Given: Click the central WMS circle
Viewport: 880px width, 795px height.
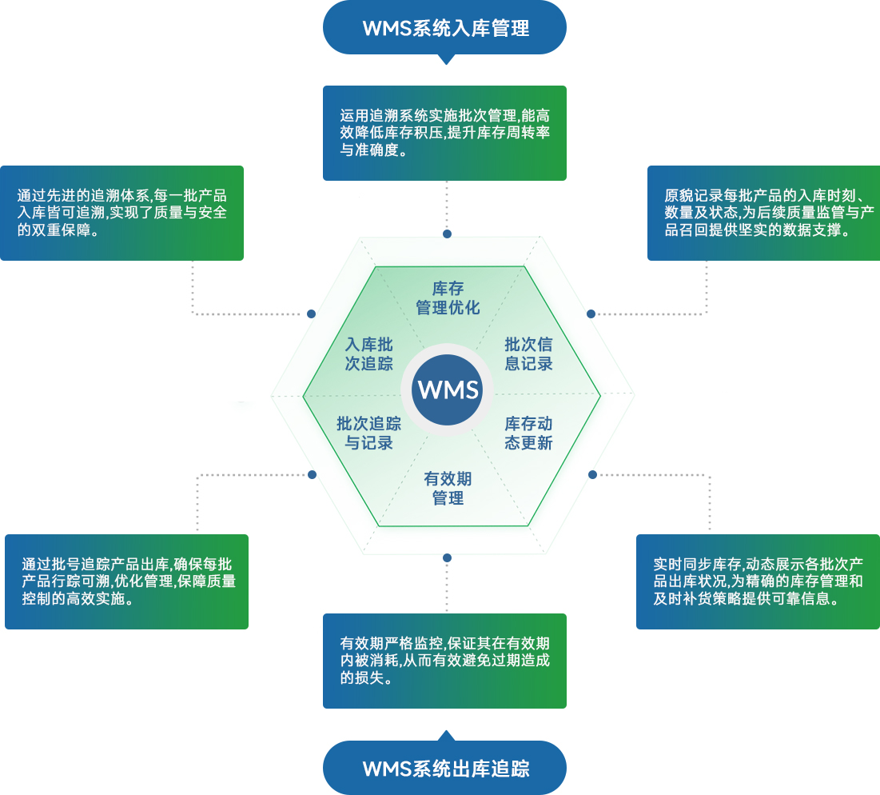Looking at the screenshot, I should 448,390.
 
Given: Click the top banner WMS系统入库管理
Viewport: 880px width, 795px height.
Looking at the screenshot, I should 444,29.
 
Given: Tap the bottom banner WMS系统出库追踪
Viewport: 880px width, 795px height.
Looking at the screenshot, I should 444,769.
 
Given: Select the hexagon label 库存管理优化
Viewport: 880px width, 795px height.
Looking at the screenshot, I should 448,298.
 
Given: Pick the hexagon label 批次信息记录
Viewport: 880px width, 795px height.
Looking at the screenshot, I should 528,354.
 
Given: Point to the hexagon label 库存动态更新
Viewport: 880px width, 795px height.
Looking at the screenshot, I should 528,433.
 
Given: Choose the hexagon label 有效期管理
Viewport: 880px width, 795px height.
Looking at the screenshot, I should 448,489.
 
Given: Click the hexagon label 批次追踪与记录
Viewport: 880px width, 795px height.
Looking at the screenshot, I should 368,433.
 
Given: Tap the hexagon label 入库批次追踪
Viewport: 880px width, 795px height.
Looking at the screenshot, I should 368,354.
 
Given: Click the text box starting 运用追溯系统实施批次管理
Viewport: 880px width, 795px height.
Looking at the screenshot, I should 444,133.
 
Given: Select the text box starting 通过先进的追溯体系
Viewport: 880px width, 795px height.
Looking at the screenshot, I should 121,213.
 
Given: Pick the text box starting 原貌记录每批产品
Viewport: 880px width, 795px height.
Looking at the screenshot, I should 763,213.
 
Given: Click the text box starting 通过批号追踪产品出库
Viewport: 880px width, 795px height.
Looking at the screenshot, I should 126,581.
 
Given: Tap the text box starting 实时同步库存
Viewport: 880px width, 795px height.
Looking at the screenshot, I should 758,581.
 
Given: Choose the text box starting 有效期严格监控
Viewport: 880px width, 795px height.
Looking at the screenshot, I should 444,661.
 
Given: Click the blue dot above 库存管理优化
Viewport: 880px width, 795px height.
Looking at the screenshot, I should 448,234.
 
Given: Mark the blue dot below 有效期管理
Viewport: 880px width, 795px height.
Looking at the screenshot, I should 448,557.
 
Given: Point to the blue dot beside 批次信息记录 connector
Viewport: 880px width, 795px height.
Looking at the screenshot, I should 592,314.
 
